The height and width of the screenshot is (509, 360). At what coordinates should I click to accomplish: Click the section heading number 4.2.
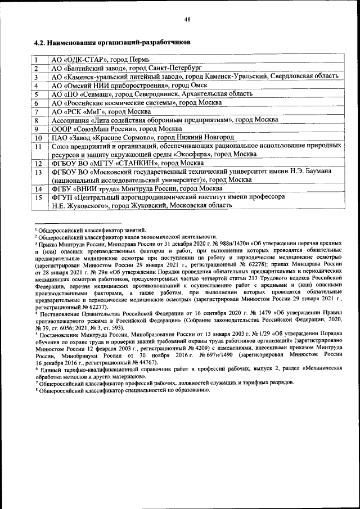[x=40, y=42]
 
